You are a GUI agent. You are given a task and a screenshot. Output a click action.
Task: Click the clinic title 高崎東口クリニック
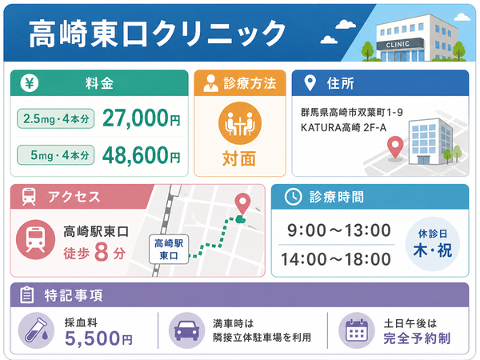pos(158,34)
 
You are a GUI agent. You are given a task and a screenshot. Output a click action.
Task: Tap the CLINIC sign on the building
pos(398,44)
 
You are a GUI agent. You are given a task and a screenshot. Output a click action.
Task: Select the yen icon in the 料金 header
pos(30,83)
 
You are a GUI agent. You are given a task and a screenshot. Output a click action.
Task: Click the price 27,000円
pos(141,118)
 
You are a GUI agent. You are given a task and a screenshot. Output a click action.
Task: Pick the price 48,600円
pos(141,155)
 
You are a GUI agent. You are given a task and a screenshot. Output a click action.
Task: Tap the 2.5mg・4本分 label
pos(56,118)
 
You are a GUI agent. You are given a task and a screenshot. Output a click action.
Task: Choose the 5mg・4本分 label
pos(56,155)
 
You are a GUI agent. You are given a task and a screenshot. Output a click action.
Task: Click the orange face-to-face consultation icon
pos(240,123)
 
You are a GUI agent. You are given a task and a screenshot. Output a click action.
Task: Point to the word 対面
pos(239,158)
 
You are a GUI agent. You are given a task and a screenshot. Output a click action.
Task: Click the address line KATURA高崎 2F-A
pos(343,127)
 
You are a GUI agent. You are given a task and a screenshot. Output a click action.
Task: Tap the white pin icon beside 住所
pos(310,83)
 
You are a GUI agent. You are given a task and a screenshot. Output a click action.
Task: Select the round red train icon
pos(35,239)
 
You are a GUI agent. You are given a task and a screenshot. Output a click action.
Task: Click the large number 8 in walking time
pos(102,252)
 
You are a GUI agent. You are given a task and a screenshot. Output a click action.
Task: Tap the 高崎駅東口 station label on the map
pos(169,249)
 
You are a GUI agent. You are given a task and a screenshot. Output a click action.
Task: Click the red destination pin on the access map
pos(242,204)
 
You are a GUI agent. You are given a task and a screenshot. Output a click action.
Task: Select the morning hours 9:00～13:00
pos(339,230)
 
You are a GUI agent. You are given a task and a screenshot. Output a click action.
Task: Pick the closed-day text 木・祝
pos(432,250)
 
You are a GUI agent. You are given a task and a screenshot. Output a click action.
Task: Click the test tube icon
pos(37,330)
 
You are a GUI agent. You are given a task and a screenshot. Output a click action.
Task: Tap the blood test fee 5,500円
pos(98,338)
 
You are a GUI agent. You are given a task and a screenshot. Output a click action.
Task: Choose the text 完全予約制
pos(417,338)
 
